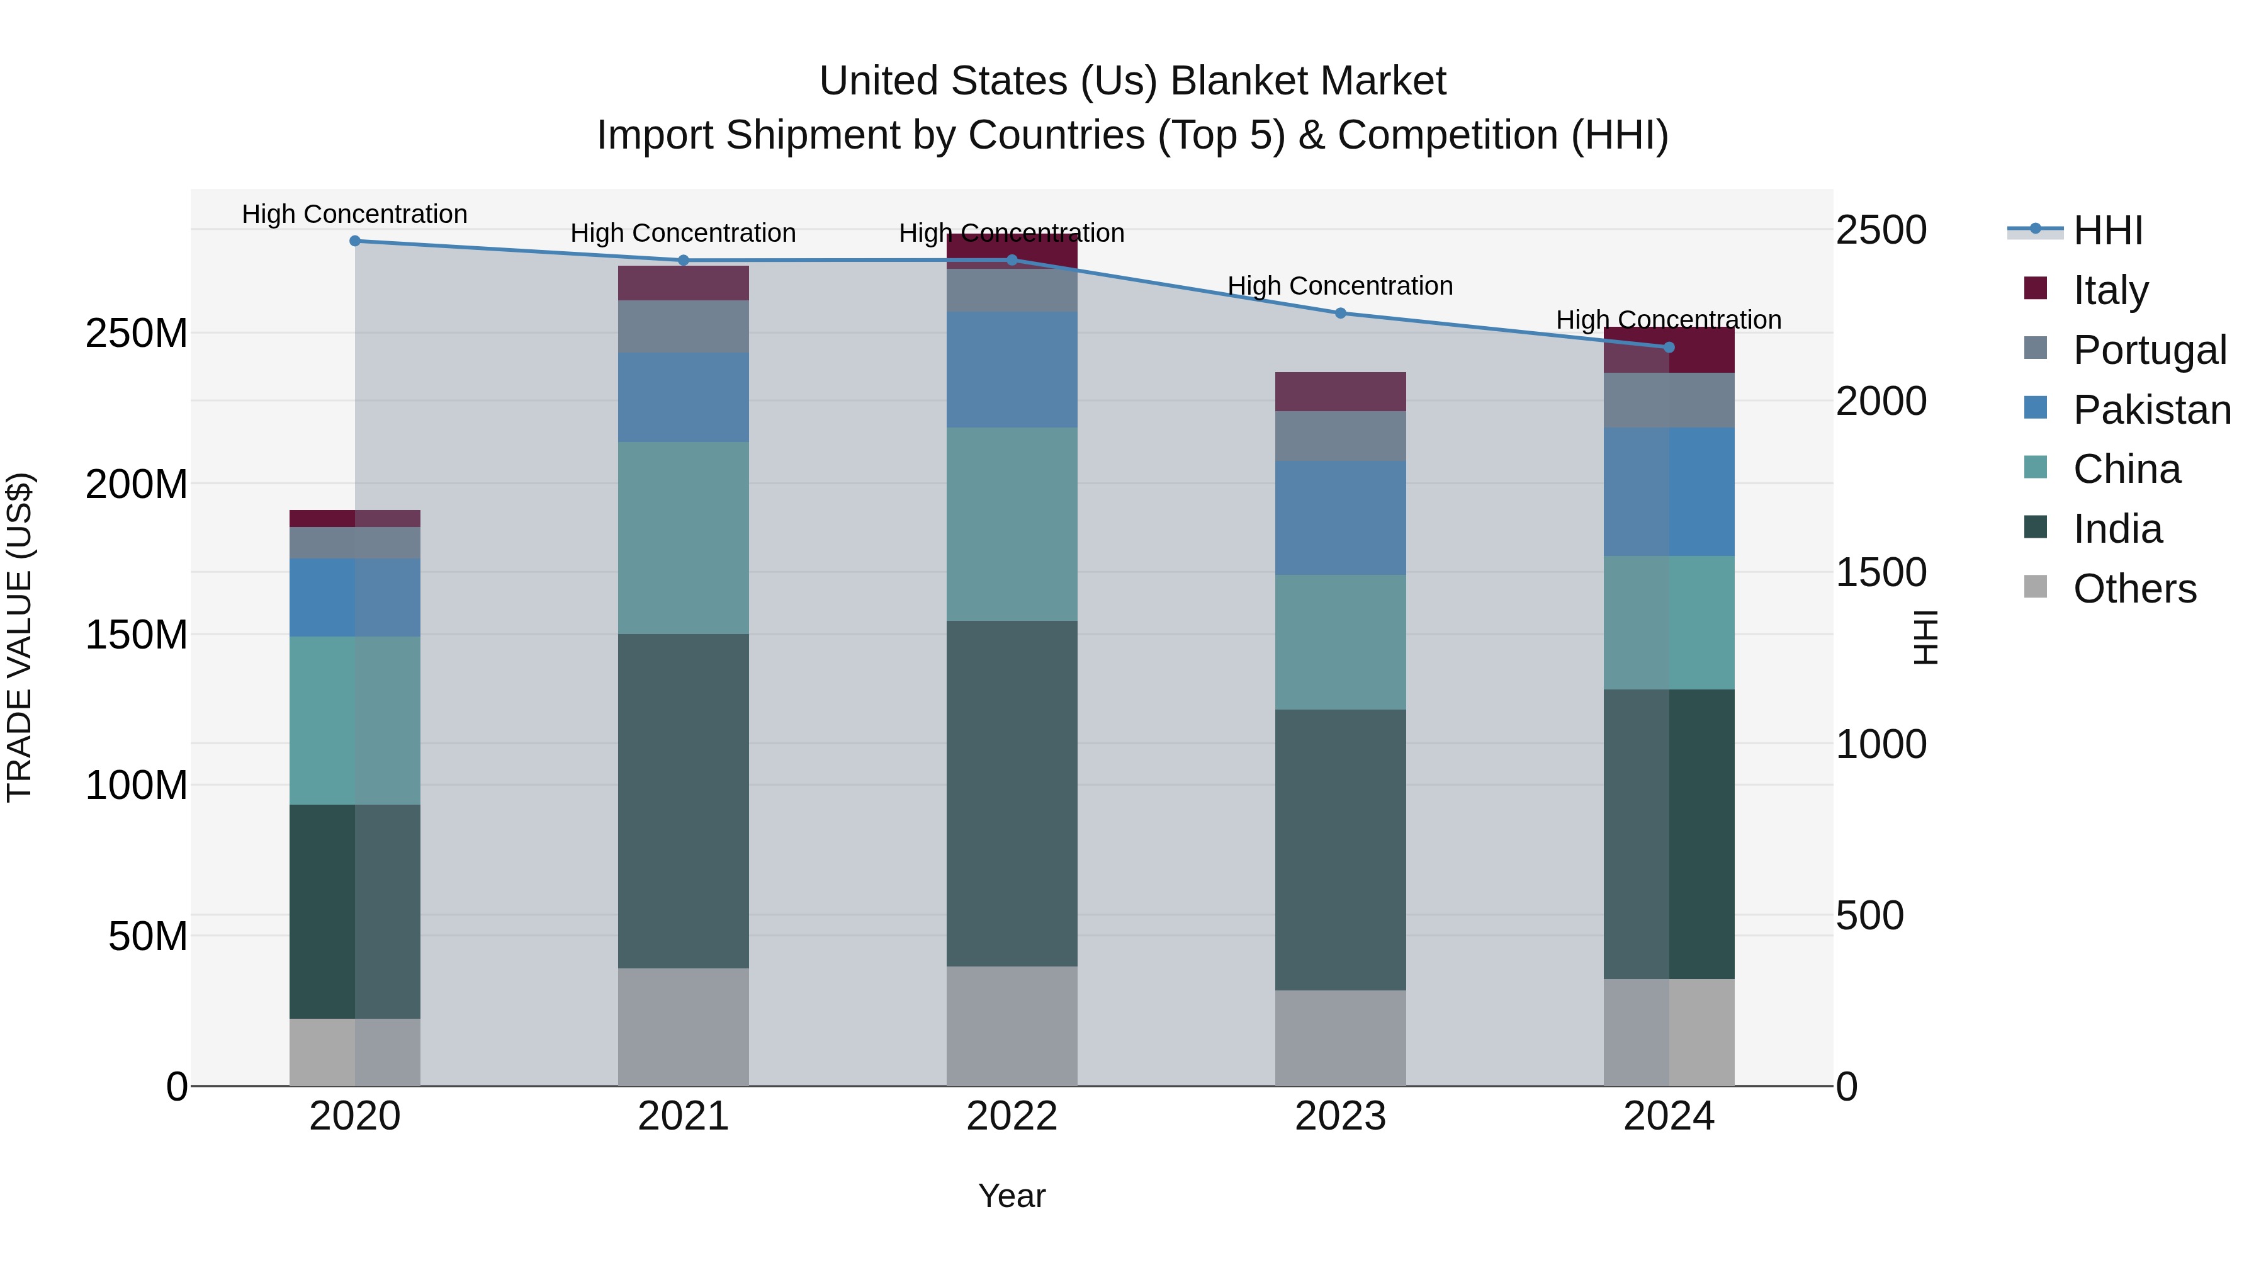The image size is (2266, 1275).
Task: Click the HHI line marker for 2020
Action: pyautogui.click(x=354, y=241)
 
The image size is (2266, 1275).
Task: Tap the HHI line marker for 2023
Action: pyautogui.click(x=1339, y=314)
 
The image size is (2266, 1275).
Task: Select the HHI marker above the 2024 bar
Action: pyautogui.click(x=1669, y=348)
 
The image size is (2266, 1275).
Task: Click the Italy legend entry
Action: pyautogui.click(x=2109, y=290)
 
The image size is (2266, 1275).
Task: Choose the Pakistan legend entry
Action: pyautogui.click(x=2151, y=410)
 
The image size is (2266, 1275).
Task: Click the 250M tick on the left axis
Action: pyautogui.click(x=137, y=334)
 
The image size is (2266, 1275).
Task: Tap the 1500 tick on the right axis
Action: pyautogui.click(x=1881, y=573)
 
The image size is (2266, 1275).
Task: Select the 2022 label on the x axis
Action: pyautogui.click(x=1012, y=1116)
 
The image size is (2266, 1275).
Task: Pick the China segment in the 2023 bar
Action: pyautogui.click(x=1339, y=642)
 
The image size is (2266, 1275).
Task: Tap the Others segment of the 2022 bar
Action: pyautogui.click(x=1012, y=1026)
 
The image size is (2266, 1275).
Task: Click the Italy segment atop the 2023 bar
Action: pyautogui.click(x=1339, y=392)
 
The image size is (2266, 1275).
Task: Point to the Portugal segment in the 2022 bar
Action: pyautogui.click(x=1012, y=290)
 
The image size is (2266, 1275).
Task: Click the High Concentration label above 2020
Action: pyautogui.click(x=354, y=214)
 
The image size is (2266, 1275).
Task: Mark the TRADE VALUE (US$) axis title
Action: pyautogui.click(x=20, y=637)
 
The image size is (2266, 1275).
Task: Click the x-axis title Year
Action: pyautogui.click(x=1012, y=1196)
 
